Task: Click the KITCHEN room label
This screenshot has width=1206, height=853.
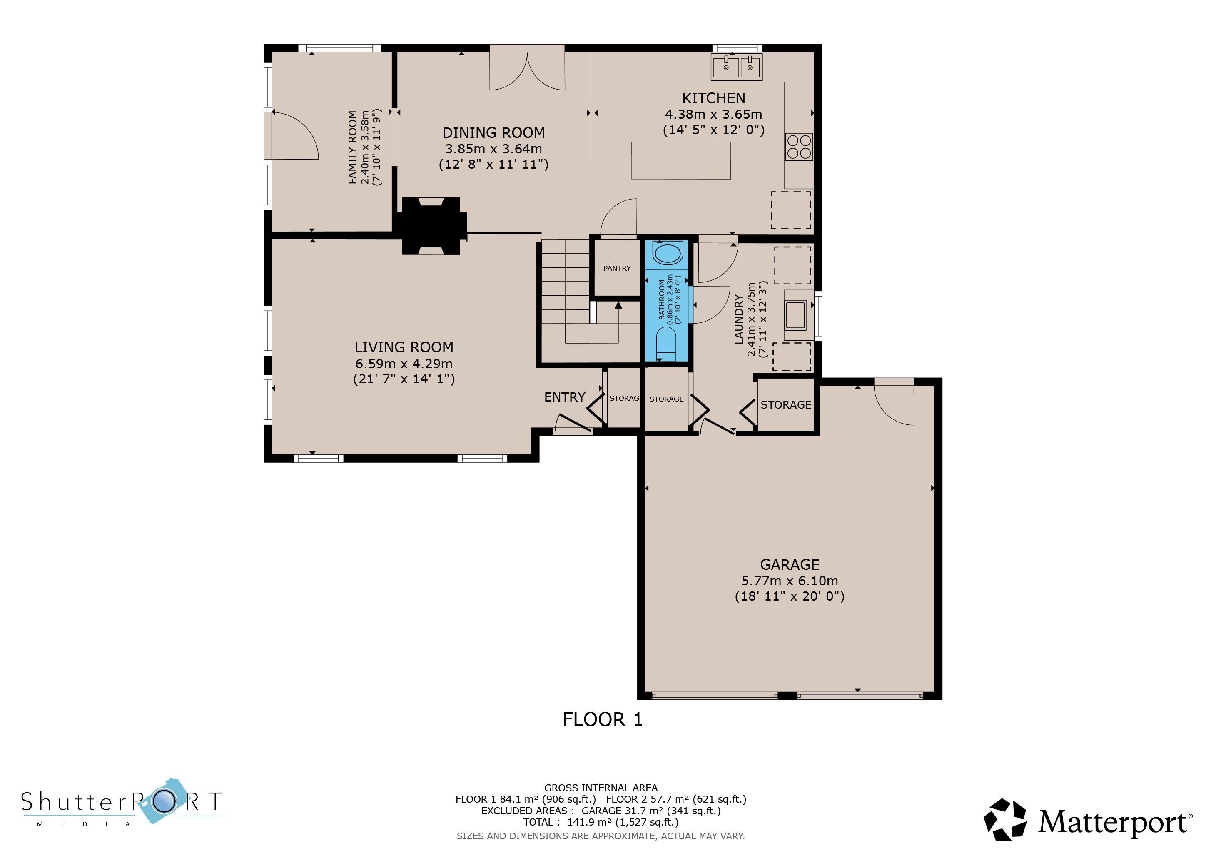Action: (713, 98)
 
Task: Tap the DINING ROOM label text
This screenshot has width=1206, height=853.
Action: (493, 132)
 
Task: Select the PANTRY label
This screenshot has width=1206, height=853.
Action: (617, 268)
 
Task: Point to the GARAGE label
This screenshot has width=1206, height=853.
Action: (790, 565)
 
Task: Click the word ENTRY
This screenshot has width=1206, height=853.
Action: (565, 397)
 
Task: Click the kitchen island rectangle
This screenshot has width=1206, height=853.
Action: (681, 160)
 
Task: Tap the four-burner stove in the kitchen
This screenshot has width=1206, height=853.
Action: (799, 147)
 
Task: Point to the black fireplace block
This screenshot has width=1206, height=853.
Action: (431, 226)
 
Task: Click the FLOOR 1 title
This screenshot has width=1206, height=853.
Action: (603, 720)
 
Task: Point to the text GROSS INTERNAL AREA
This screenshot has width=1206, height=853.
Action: (601, 788)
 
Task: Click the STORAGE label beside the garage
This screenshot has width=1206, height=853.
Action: (786, 404)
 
